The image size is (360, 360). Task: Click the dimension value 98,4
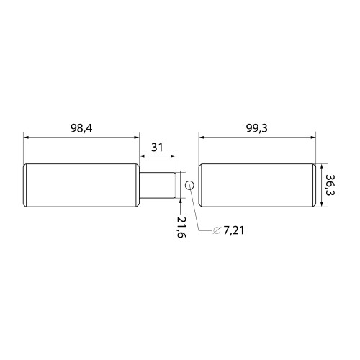point(81,128)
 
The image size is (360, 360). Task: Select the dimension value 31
point(157,148)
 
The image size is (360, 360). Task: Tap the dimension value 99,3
point(257,128)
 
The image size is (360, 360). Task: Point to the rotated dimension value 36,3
point(330,185)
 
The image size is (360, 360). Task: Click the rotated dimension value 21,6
point(181,227)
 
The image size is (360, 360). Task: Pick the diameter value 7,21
point(234,230)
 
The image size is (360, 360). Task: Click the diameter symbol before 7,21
point(217,230)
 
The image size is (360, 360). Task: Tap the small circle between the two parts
point(189,185)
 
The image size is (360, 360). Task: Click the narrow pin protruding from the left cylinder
point(158,185)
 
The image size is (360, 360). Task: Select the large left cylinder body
point(81,185)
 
